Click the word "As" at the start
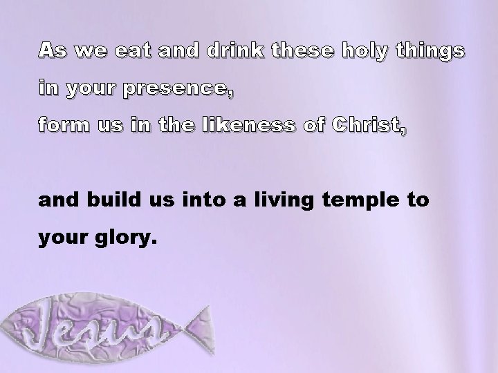pyautogui.click(x=52, y=50)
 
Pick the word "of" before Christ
pyautogui.click(x=315, y=126)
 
